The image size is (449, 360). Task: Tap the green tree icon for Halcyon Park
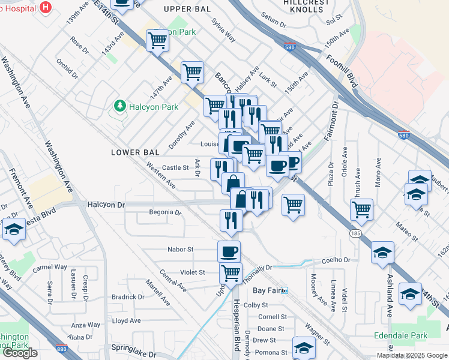tap(119, 107)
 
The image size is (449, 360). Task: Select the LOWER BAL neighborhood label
tap(134, 152)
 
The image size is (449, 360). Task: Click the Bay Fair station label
tap(267, 290)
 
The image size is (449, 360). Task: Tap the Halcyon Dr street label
tap(106, 205)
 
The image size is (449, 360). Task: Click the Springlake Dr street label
tap(133, 347)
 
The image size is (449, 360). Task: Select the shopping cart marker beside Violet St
tap(231, 273)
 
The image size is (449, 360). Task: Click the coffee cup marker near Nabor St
tap(229, 251)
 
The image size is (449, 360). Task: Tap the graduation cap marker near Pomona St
tap(304, 348)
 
